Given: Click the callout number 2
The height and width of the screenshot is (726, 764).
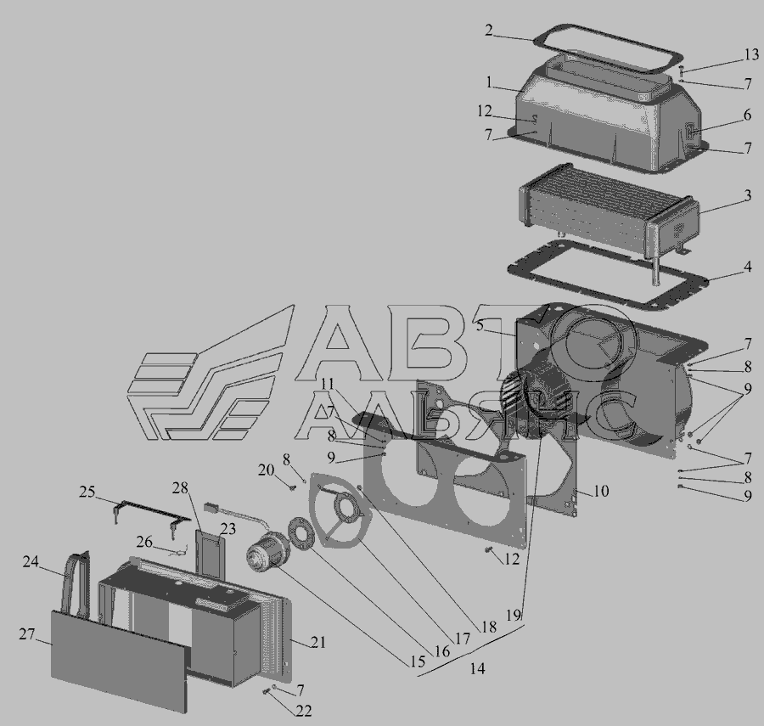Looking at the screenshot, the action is click(489, 31).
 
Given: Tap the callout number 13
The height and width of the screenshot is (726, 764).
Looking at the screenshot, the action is click(751, 54).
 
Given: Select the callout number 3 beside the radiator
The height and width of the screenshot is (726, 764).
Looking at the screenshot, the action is click(747, 196).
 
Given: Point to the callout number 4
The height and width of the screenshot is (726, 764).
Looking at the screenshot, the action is click(747, 267).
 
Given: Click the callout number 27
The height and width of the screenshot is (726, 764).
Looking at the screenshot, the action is click(27, 634).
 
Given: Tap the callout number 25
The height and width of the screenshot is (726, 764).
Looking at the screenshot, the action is click(87, 492).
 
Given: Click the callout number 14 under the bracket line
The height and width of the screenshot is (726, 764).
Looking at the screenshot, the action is click(477, 669).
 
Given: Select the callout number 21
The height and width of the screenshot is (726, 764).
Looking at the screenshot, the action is click(317, 642).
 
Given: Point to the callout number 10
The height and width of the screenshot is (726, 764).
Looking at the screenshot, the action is click(601, 491).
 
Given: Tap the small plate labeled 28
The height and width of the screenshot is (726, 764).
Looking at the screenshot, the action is click(211, 553).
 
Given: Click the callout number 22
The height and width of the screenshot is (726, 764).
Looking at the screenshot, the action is click(303, 711).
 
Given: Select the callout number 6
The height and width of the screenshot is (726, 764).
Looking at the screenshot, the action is click(747, 115).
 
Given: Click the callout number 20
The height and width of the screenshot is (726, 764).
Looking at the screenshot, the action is click(266, 470).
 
